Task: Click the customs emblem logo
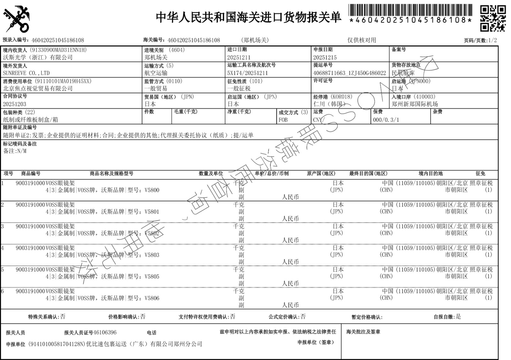16,19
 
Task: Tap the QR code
493,18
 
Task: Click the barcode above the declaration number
410,10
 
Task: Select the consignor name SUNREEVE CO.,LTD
26,73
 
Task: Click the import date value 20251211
239,57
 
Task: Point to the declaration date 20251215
325,57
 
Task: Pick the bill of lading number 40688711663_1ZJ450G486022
350,73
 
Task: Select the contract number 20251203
15,104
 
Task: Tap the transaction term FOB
283,120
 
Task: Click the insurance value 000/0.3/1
386,120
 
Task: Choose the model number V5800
152,190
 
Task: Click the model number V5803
152,255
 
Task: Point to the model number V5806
152,298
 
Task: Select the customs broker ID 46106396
105,333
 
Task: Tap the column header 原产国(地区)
321,173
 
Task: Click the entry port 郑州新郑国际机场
415,104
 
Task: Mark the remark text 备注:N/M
15,151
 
